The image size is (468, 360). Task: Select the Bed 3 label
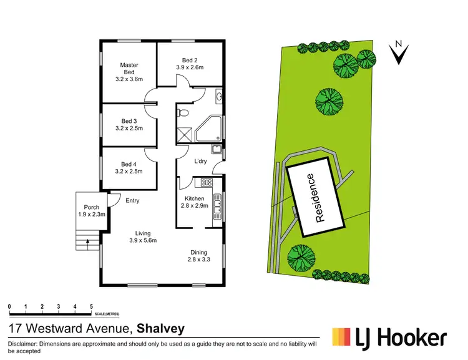tap(129, 120)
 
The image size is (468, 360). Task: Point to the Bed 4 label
tap(129, 163)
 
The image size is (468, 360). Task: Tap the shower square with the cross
tap(185, 134)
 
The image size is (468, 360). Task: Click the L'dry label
tap(200, 162)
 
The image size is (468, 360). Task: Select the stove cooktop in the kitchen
tap(207, 182)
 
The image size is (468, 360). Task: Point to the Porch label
tap(83, 208)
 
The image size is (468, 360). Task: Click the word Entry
tap(132, 200)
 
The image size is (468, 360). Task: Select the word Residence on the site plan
tap(318, 198)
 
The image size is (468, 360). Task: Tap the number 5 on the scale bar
tap(91, 306)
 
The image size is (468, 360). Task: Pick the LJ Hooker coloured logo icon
tap(341, 338)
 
